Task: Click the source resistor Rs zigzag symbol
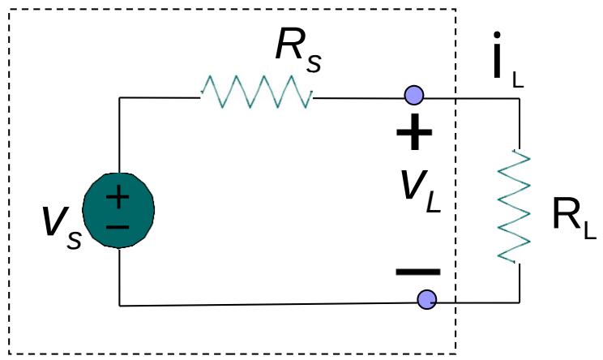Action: [x=257, y=92]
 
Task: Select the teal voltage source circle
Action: [x=118, y=209]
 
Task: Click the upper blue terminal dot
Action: [x=414, y=96]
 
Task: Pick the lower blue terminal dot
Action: [x=427, y=301]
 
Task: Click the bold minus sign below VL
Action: [x=417, y=272]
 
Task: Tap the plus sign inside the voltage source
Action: [x=118, y=195]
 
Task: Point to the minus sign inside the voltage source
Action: [x=118, y=225]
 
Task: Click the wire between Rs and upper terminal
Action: [x=361, y=97]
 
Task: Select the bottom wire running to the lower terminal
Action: [x=267, y=304]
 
